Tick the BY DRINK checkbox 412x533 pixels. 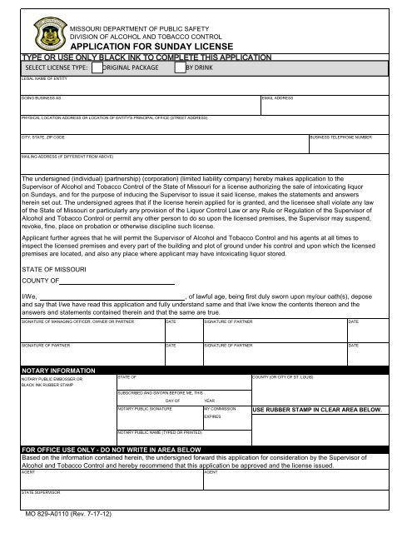tap(180, 68)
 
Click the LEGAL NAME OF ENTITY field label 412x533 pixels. tap(43, 78)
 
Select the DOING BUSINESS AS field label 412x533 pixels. tap(42, 98)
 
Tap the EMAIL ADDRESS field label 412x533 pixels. tap(277, 98)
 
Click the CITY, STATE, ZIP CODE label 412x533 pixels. tap(43, 136)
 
